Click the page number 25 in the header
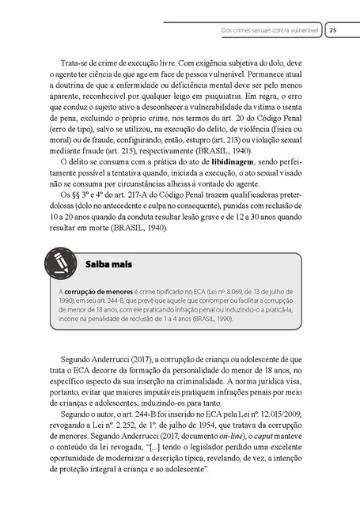(334, 30)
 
